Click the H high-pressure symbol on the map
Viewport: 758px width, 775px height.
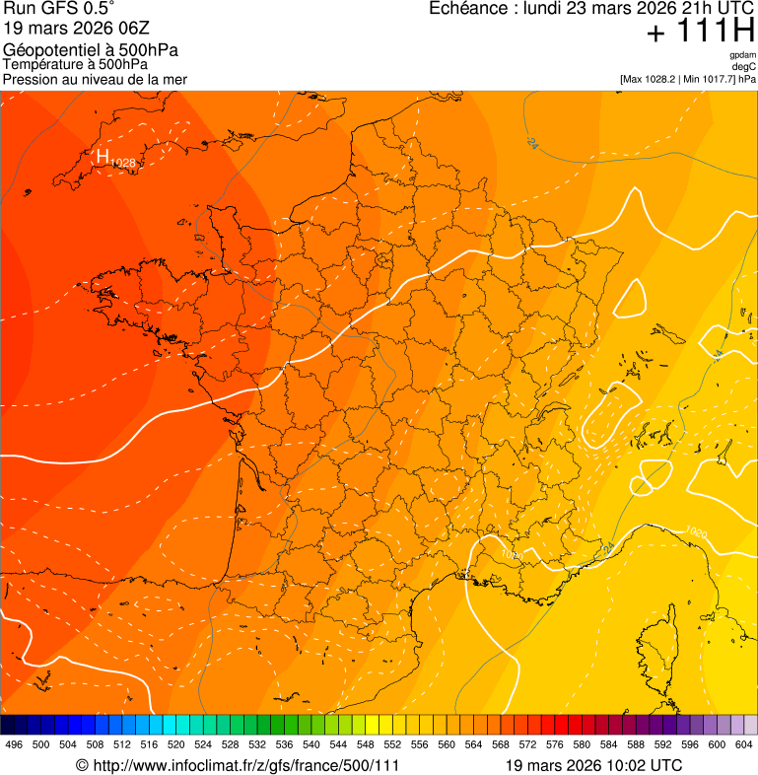(103, 156)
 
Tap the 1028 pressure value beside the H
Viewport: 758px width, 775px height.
(122, 163)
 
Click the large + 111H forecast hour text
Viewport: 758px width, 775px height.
(700, 32)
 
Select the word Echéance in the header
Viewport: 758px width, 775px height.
(467, 9)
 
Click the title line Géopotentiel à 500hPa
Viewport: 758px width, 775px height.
(91, 50)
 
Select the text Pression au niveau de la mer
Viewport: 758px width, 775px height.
(95, 79)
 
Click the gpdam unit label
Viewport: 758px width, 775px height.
(742, 55)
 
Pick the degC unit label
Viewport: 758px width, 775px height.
(745, 67)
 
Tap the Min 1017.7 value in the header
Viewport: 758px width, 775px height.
(708, 79)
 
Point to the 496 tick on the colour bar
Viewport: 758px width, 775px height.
(14, 744)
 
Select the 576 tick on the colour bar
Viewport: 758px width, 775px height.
(554, 744)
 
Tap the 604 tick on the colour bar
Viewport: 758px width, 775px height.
(743, 744)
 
